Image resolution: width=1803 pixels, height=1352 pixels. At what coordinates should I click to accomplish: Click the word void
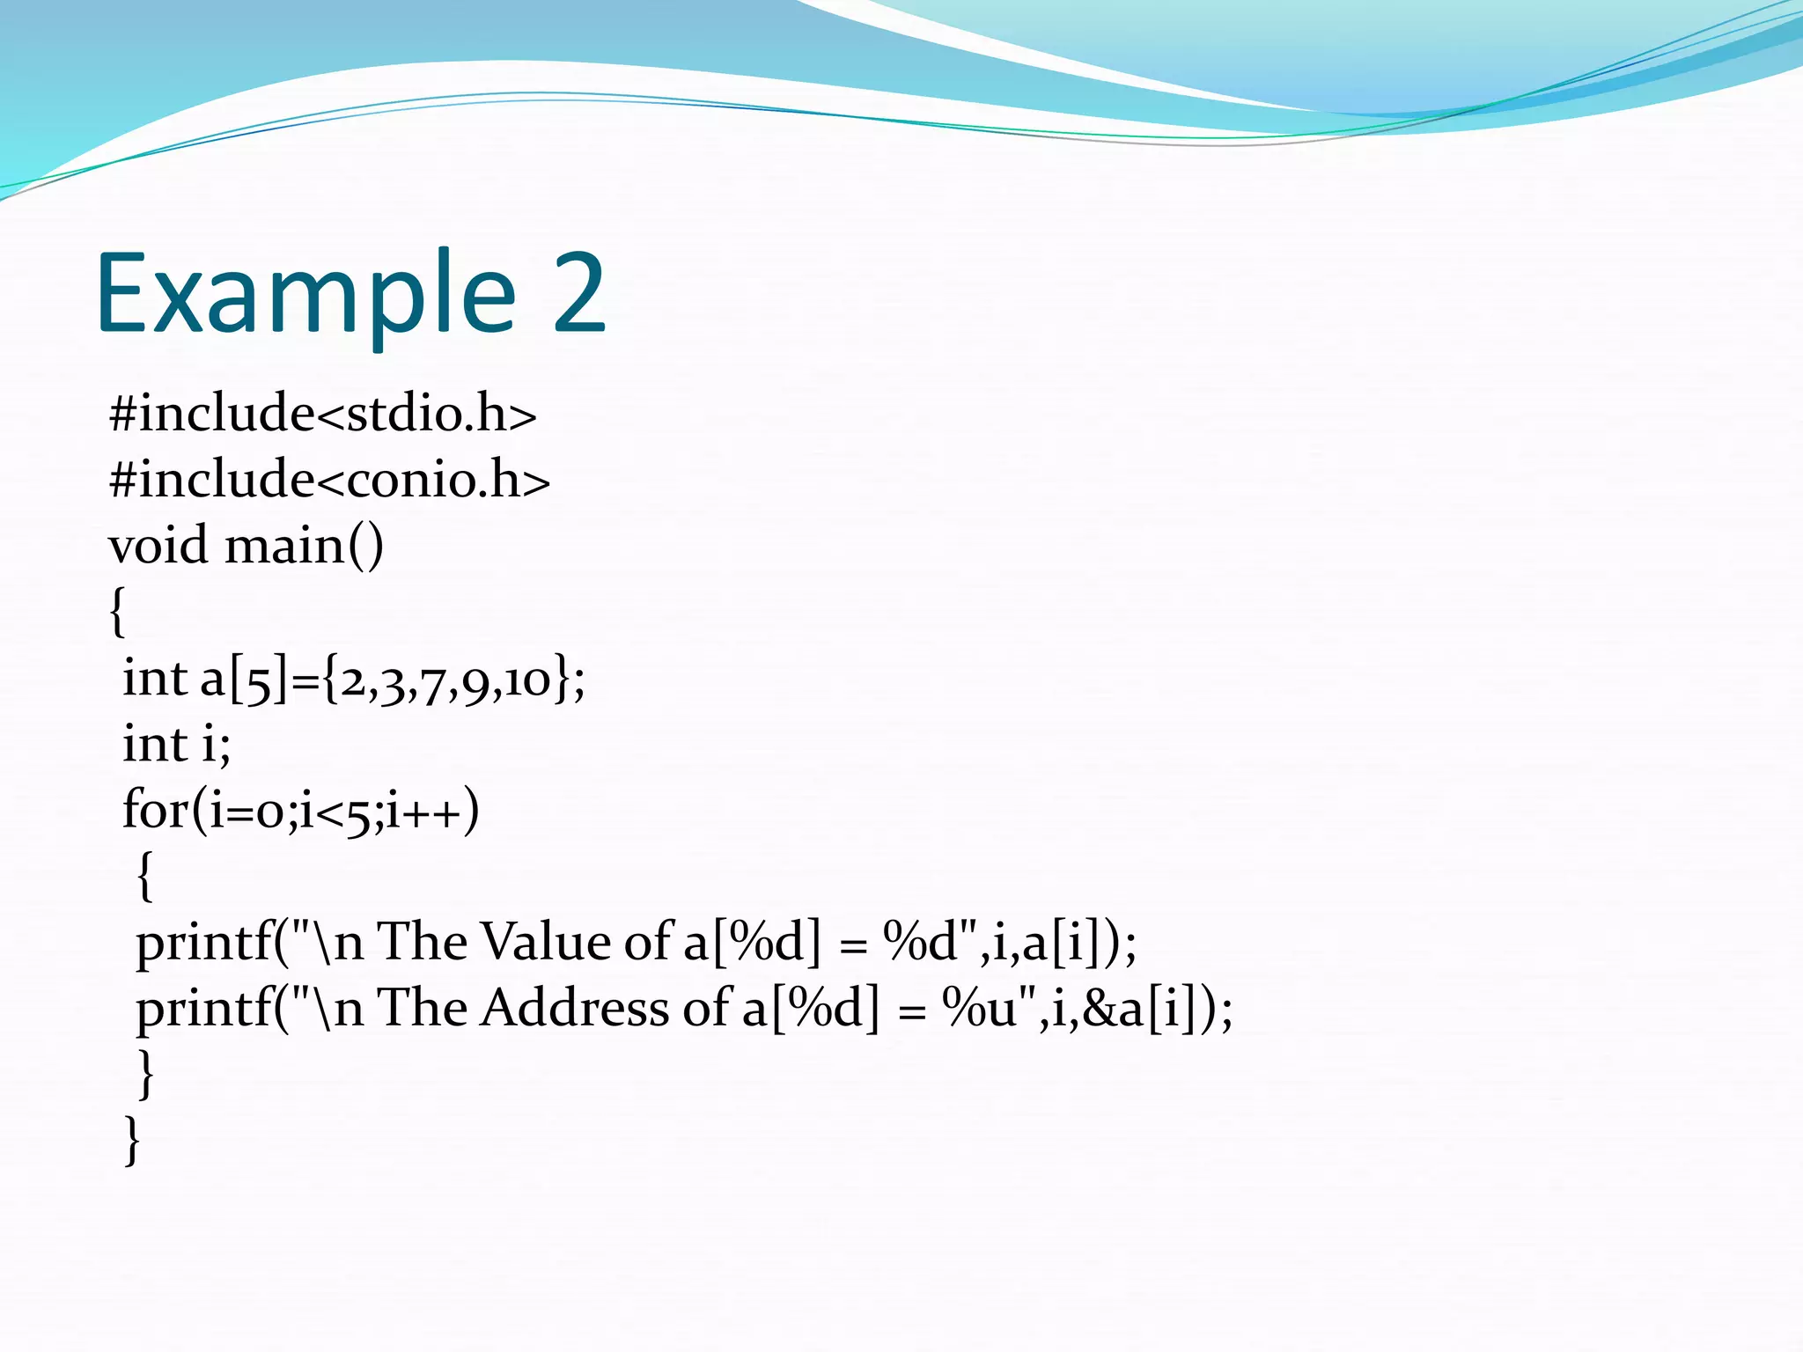(158, 546)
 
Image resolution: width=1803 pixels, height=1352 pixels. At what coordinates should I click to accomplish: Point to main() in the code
(304, 546)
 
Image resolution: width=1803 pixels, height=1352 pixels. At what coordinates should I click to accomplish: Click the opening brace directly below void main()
(117, 612)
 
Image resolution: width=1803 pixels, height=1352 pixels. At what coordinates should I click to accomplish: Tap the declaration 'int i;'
(176, 745)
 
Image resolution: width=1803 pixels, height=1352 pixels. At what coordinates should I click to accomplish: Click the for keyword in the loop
(154, 810)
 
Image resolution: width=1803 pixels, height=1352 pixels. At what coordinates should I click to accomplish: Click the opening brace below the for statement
(145, 876)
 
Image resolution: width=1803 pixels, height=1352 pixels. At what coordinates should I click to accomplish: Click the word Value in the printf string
(547, 942)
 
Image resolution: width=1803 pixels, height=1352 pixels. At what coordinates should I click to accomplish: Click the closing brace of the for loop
(146, 1074)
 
